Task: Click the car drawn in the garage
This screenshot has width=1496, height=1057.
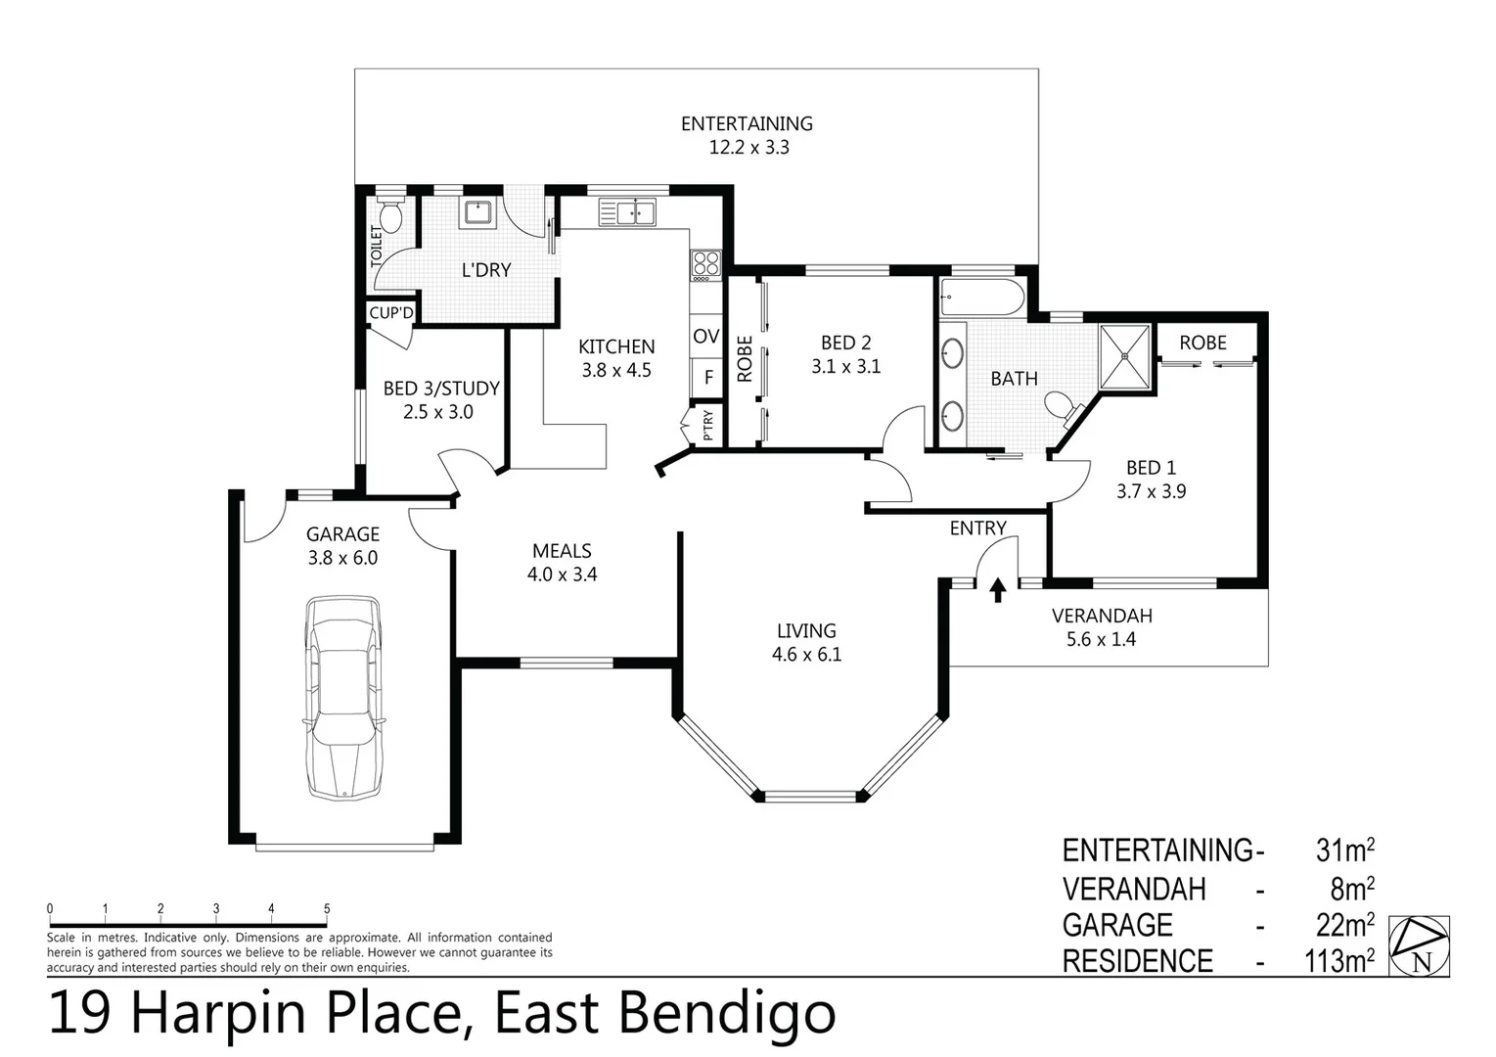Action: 342,697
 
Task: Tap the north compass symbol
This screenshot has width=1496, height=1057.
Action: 1420,945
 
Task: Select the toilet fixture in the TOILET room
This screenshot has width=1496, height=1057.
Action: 390,217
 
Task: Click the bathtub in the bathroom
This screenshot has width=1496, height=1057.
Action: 981,298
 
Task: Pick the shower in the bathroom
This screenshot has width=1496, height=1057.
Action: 1127,356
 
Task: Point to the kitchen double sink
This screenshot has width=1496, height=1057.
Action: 627,211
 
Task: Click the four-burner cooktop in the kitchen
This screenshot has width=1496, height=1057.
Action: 705,263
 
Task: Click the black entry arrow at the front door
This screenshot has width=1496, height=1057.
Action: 998,589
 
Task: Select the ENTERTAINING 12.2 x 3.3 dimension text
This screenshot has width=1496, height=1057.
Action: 748,148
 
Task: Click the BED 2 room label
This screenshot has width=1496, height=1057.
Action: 845,343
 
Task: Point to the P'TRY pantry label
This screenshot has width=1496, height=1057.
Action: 707,425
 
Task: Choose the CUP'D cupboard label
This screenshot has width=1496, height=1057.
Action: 391,313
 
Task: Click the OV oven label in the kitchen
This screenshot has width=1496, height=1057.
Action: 705,337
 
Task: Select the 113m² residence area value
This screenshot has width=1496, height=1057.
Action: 1338,961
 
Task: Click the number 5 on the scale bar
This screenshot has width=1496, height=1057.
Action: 327,909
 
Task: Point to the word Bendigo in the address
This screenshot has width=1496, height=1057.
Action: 728,1014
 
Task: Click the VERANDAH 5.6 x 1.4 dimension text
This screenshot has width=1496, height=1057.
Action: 1101,639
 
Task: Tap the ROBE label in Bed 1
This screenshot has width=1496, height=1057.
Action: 1202,343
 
